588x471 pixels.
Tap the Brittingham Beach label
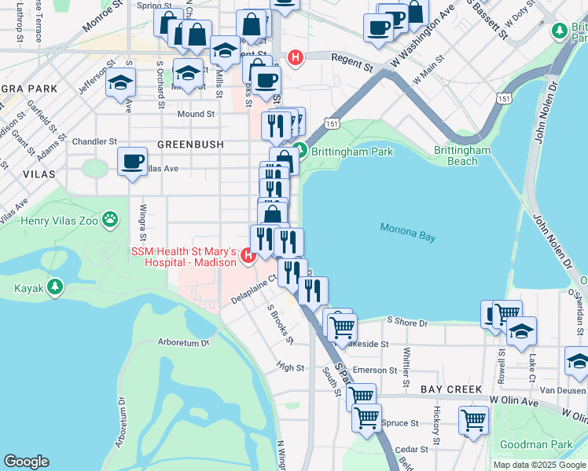pyautogui.click(x=462, y=155)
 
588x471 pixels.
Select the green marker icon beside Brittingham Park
pyautogui.click(x=299, y=152)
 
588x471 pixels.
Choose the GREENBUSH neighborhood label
pyautogui.click(x=190, y=145)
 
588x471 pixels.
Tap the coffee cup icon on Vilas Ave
pyautogui.click(x=131, y=162)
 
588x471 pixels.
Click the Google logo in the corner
pyautogui.click(x=27, y=461)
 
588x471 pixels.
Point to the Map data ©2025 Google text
pyautogui.click(x=538, y=465)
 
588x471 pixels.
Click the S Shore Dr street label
pyautogui.click(x=406, y=322)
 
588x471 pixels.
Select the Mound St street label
pyautogui.click(x=196, y=114)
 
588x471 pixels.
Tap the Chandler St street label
pyautogui.click(x=94, y=141)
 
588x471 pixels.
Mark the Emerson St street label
pyautogui.click(x=375, y=370)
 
